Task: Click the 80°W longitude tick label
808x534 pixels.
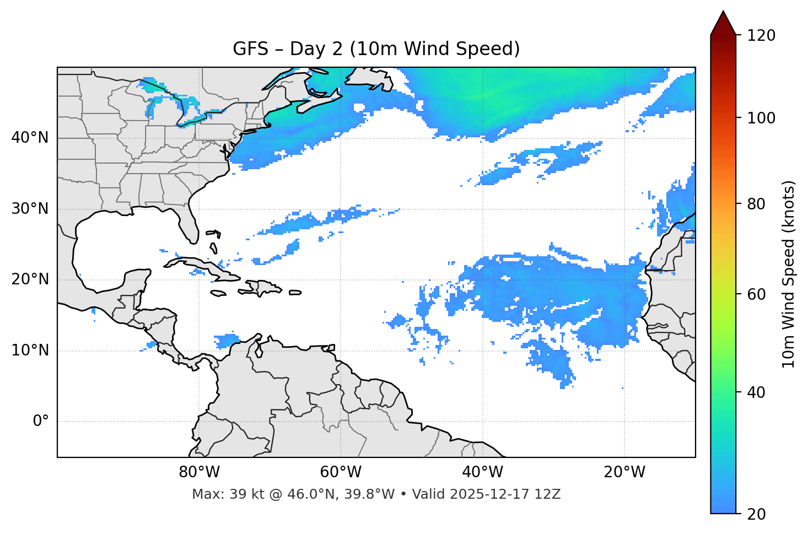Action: tap(199, 472)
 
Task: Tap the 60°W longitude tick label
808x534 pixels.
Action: tap(341, 472)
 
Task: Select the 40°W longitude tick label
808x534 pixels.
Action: tap(482, 472)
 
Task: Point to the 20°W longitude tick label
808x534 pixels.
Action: tap(624, 472)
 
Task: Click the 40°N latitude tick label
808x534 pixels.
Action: tap(30, 138)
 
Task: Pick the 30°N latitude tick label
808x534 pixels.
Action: tap(30, 209)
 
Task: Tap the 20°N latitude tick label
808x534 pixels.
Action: tap(30, 279)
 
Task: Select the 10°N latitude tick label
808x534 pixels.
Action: tap(30, 350)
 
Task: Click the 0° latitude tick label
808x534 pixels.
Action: tap(41, 422)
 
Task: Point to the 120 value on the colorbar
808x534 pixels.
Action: tap(761, 35)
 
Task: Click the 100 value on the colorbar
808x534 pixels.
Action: tap(761, 118)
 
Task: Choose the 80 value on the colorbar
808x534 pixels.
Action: tap(757, 204)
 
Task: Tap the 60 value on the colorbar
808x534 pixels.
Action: tap(757, 294)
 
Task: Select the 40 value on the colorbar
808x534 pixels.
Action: tap(757, 392)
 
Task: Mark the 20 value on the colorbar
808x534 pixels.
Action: tap(757, 514)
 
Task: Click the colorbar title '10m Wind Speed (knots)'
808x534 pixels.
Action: tap(789, 274)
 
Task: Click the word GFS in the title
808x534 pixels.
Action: tap(247, 49)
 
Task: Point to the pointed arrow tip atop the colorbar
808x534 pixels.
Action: tap(723, 12)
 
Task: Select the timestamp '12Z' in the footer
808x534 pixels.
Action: tap(549, 494)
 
